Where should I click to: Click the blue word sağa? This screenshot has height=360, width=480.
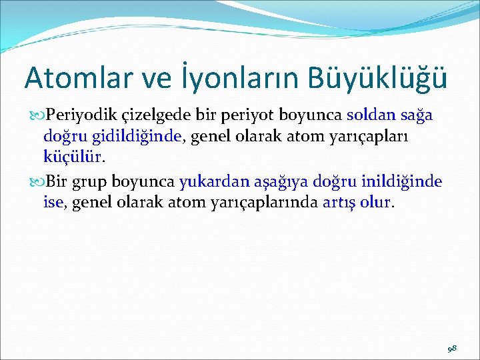(417, 115)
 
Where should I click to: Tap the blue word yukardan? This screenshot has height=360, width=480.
(210, 181)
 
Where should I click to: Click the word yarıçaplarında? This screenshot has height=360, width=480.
(266, 203)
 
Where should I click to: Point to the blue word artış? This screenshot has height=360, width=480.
(339, 203)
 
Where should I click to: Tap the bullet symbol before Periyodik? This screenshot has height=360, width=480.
(37, 116)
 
